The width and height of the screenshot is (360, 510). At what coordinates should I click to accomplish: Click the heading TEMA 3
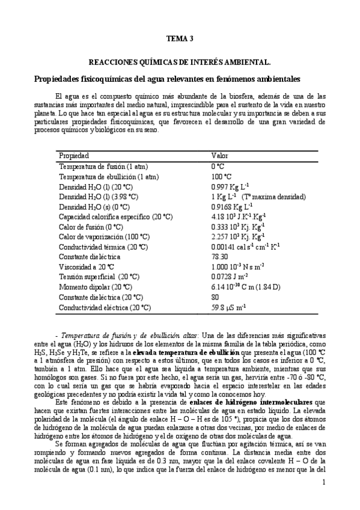click(180, 39)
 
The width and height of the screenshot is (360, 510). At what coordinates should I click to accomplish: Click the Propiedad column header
click(74, 155)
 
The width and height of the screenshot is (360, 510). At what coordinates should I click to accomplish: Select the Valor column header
click(219, 155)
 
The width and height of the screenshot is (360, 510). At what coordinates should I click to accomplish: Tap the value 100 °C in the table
click(221, 176)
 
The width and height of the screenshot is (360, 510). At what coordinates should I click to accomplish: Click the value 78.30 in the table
click(219, 256)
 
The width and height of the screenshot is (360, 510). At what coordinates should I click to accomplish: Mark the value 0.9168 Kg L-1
click(233, 206)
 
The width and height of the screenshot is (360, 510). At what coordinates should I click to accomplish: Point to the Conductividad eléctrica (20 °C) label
click(105, 307)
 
